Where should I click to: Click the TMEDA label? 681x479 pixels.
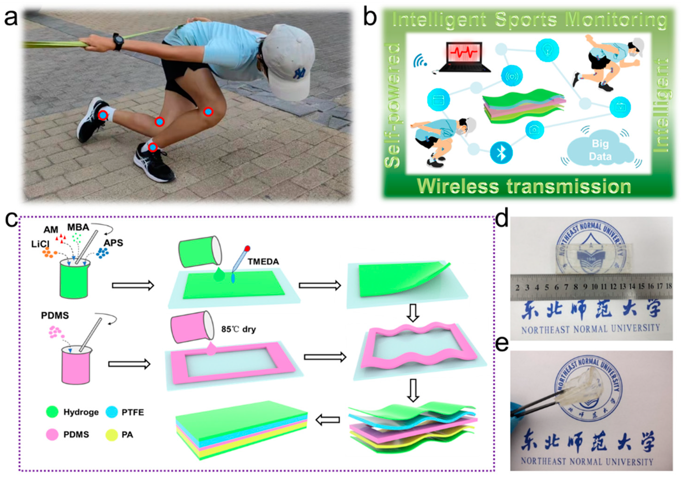point(264,262)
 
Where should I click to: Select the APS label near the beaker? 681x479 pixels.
point(113,243)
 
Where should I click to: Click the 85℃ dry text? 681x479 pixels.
point(238,329)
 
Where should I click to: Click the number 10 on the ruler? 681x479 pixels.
point(594,287)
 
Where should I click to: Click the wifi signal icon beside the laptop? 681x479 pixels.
point(420,60)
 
